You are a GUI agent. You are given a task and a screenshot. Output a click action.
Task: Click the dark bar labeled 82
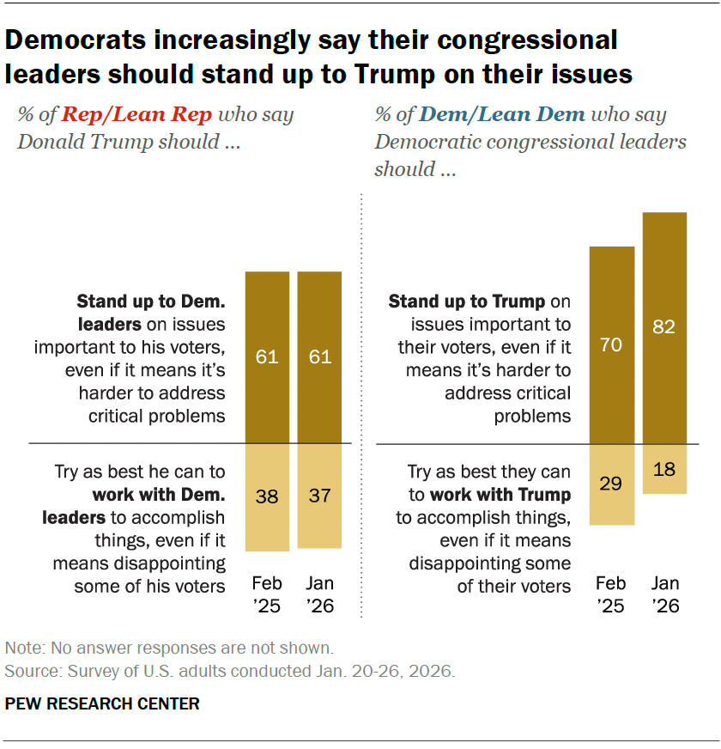pyautogui.click(x=664, y=283)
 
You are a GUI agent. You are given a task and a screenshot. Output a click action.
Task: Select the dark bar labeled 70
pyautogui.click(x=612, y=301)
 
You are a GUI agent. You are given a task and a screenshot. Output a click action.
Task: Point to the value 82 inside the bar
pyautogui.click(x=664, y=327)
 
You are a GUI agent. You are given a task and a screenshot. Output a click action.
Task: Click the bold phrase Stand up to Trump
pyautogui.click(x=467, y=301)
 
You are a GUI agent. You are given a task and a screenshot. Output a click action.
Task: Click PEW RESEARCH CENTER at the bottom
pyautogui.click(x=102, y=704)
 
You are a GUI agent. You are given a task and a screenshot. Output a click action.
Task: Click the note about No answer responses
pyautogui.click(x=169, y=648)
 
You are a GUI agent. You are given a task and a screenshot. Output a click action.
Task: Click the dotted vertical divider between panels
pyautogui.click(x=361, y=404)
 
